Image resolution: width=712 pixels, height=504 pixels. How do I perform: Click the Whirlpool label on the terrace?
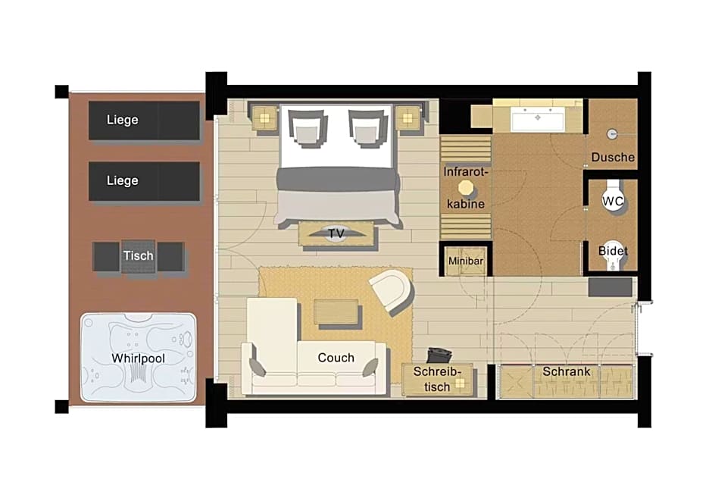[x=138, y=358]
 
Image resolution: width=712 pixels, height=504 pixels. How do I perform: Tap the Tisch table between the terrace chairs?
[x=139, y=256]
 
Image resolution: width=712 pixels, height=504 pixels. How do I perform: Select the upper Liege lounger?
[x=144, y=121]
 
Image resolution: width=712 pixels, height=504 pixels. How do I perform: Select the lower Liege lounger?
[x=144, y=181]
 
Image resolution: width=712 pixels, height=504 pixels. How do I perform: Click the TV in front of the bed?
[x=336, y=233]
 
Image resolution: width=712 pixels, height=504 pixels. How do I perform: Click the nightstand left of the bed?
[x=264, y=118]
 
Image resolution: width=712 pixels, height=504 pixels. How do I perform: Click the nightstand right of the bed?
[x=408, y=118]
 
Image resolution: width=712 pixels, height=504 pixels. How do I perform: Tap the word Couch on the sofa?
[x=336, y=358]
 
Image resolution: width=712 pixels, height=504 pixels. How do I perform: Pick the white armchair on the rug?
[x=392, y=291]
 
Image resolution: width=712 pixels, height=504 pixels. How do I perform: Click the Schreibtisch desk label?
[x=437, y=379]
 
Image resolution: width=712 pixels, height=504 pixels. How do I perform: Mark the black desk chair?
[x=439, y=355]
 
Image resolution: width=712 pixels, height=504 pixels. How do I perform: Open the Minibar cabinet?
[x=466, y=261]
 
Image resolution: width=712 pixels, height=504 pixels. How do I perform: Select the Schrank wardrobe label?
[x=567, y=371]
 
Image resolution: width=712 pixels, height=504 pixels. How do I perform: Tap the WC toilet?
[x=613, y=197]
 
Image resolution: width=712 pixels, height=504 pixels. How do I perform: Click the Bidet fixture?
[x=613, y=255]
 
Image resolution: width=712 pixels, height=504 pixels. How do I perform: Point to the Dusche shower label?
[x=613, y=157]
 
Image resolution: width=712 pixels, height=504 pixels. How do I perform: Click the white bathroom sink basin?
[x=538, y=119]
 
